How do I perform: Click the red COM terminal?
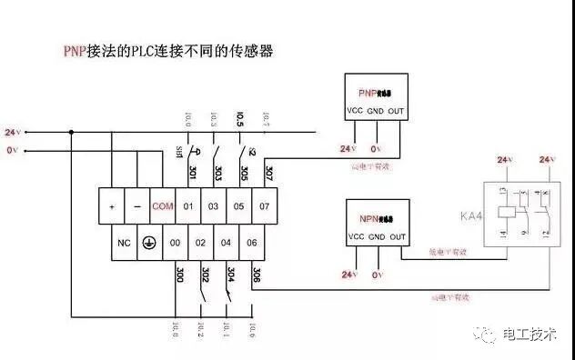[163, 206]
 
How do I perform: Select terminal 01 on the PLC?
[188, 206]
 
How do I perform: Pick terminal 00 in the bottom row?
[176, 243]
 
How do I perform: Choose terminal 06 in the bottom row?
[250, 243]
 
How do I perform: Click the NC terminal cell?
[124, 243]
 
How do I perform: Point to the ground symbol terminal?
[150, 243]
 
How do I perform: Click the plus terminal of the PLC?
[112, 206]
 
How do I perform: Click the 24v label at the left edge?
[12, 133]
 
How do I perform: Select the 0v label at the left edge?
[12, 150]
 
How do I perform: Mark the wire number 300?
[179, 274]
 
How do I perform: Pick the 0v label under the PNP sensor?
[377, 148]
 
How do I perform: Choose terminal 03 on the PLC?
[213, 206]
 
